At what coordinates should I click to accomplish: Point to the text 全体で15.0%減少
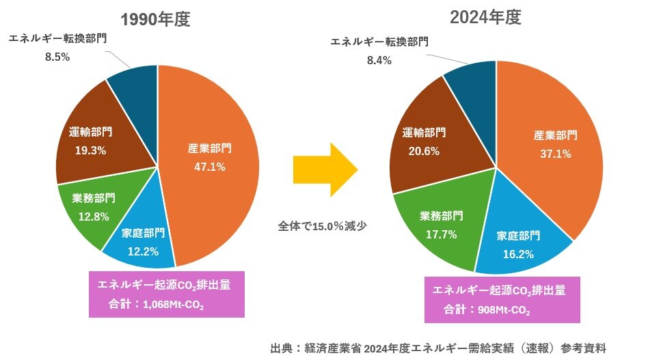[x=323, y=225]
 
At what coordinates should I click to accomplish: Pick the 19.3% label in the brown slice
[x=91, y=150]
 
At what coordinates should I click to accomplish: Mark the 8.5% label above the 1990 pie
[x=57, y=57]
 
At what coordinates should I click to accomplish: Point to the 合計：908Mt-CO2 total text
[x=490, y=309]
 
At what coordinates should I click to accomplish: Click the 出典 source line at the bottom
[x=438, y=348]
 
